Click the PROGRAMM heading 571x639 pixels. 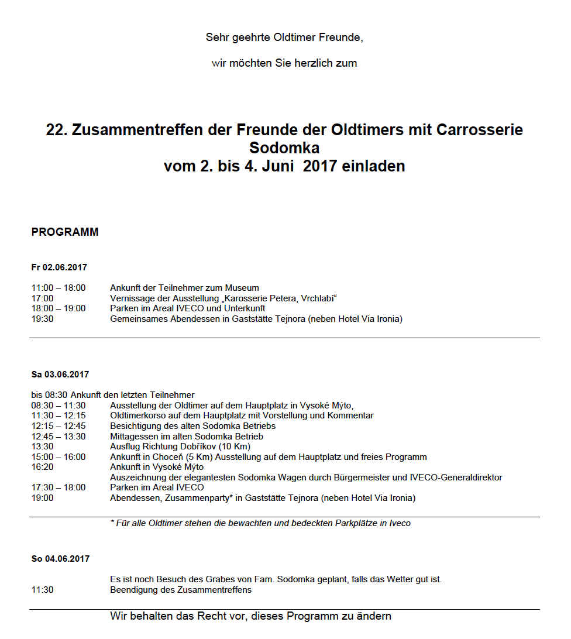[x=65, y=232]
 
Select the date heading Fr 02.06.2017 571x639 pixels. [x=59, y=267]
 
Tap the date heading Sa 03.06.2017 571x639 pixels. [x=60, y=375]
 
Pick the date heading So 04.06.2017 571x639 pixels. [x=60, y=559]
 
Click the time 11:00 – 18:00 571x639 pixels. [x=59, y=288]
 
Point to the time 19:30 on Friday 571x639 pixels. [x=42, y=319]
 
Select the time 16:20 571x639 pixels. [x=42, y=467]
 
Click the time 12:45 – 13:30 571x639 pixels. [x=59, y=437]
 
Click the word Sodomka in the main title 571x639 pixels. [x=284, y=147]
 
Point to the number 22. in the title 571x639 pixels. [x=57, y=130]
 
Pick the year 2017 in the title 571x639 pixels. [x=319, y=166]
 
